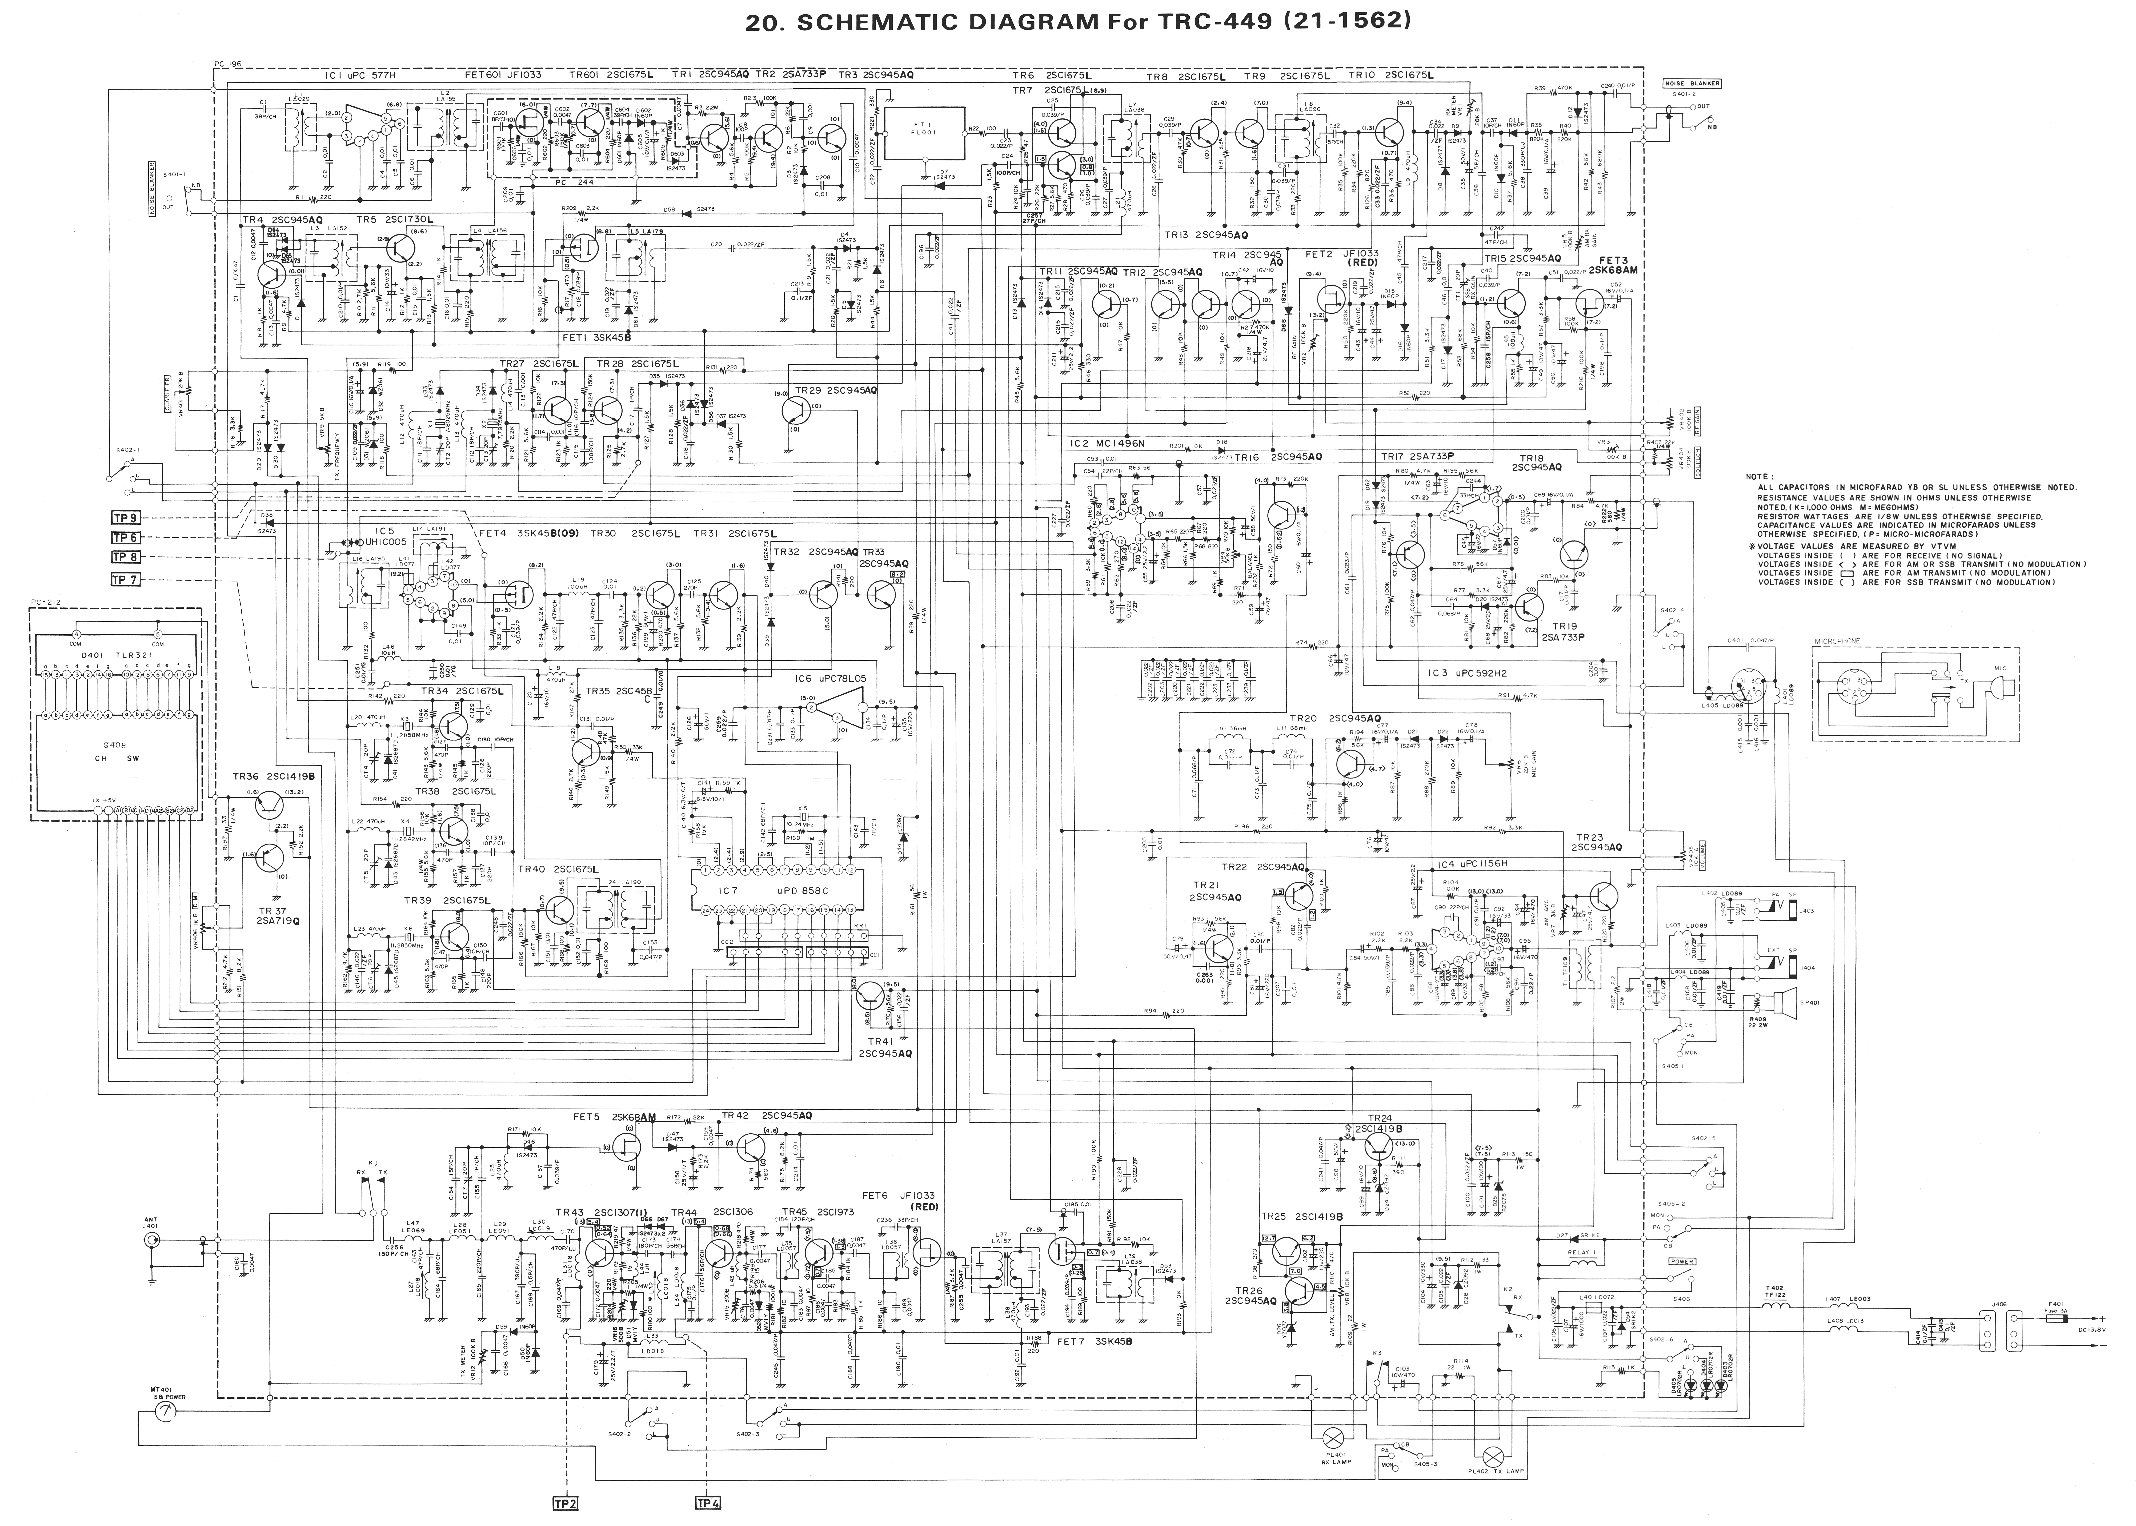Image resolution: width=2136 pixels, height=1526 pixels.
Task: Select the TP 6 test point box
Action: click(125, 537)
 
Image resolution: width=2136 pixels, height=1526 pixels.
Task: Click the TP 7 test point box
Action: click(125, 579)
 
